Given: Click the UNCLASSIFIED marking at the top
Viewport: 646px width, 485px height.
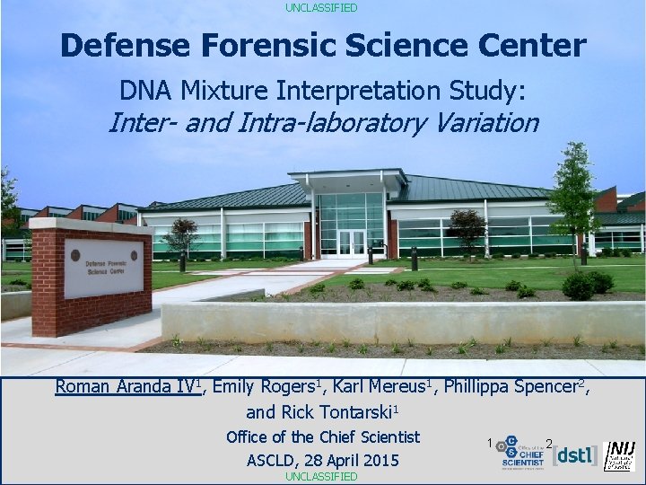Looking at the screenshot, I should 321,7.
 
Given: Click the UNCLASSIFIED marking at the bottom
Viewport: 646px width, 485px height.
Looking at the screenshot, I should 321,477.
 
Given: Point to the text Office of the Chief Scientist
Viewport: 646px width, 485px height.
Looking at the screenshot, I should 323,437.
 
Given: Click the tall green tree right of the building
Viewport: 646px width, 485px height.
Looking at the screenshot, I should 572,202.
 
